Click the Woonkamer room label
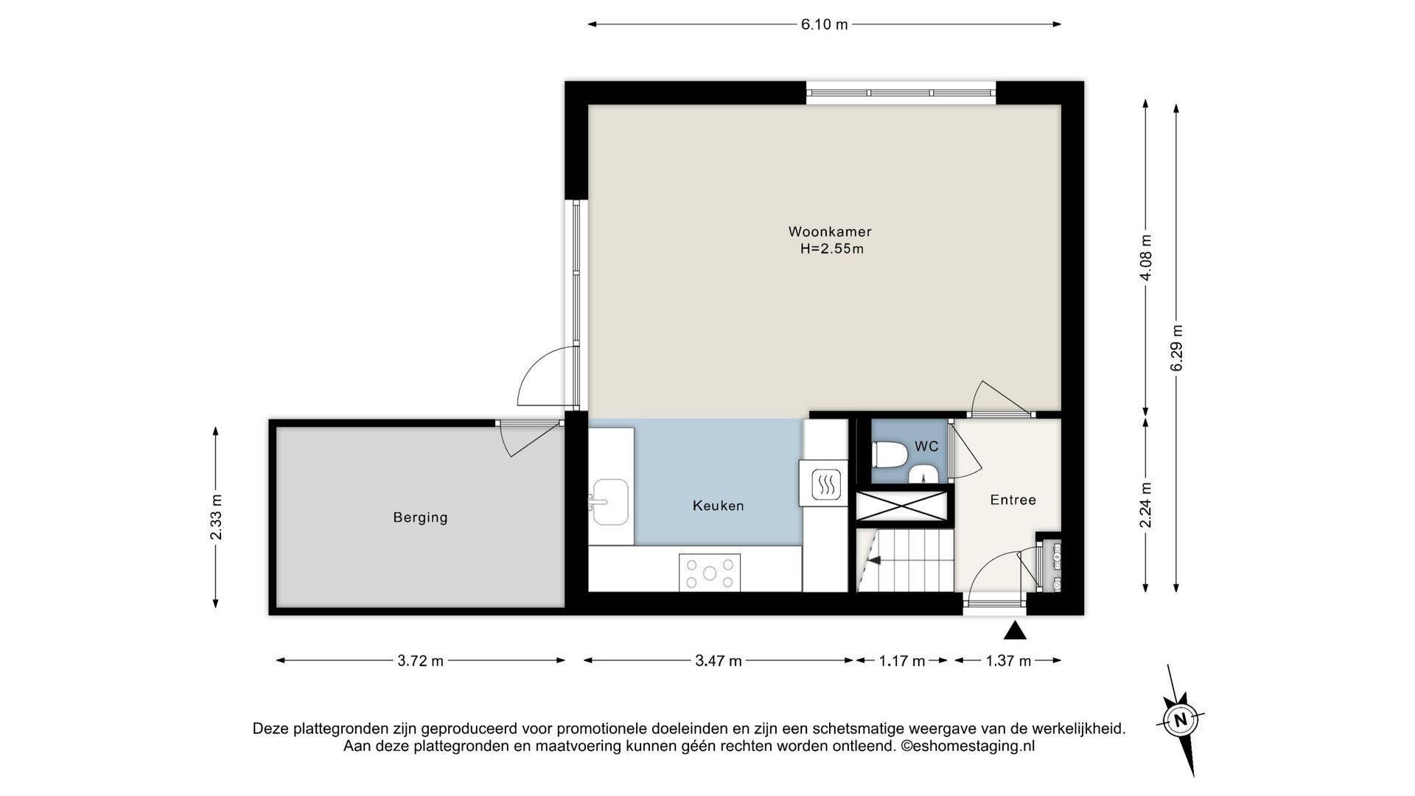point(830,232)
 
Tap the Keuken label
point(718,506)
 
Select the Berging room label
point(420,517)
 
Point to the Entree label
point(1013,500)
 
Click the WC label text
point(926,447)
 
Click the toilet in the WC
point(888,455)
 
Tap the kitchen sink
point(609,502)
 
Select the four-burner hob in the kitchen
point(710,573)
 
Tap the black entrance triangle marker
point(1015,630)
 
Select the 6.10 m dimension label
point(825,24)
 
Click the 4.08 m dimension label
point(1145,257)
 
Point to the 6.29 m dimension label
point(1176,348)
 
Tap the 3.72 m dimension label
point(421,661)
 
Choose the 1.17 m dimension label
point(902,661)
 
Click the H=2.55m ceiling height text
point(832,249)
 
